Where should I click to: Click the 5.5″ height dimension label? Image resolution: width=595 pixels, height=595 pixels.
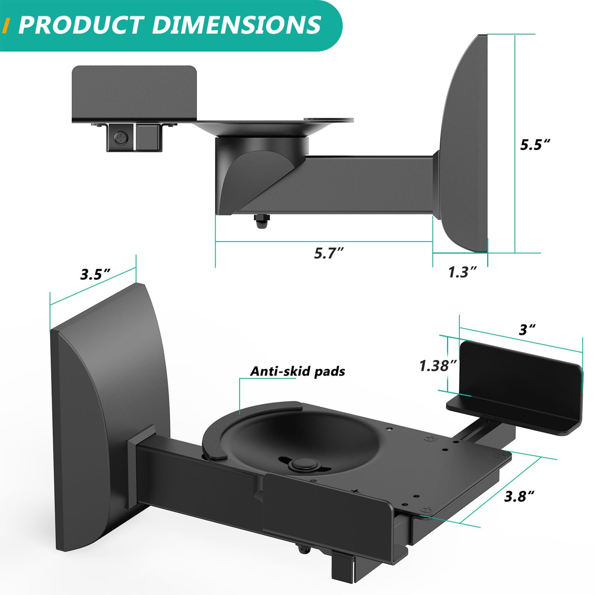[535, 144]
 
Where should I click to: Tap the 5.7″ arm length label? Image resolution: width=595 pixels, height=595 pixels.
[328, 253]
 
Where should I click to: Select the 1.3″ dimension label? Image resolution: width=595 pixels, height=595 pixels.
[462, 272]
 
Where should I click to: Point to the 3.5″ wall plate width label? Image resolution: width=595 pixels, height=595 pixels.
[96, 274]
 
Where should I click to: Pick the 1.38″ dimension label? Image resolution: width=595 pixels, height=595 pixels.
[438, 366]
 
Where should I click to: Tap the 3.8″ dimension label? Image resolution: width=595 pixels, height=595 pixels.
[519, 496]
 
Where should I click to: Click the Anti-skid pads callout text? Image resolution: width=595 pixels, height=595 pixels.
[297, 371]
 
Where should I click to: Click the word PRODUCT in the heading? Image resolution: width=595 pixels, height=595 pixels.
[80, 25]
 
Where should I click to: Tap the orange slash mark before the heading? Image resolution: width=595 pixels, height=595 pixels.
[6, 26]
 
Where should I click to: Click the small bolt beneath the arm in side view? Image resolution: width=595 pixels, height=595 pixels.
[261, 222]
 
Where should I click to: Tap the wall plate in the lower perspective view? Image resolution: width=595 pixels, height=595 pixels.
[108, 390]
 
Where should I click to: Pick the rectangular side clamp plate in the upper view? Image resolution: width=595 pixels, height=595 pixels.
[134, 93]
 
